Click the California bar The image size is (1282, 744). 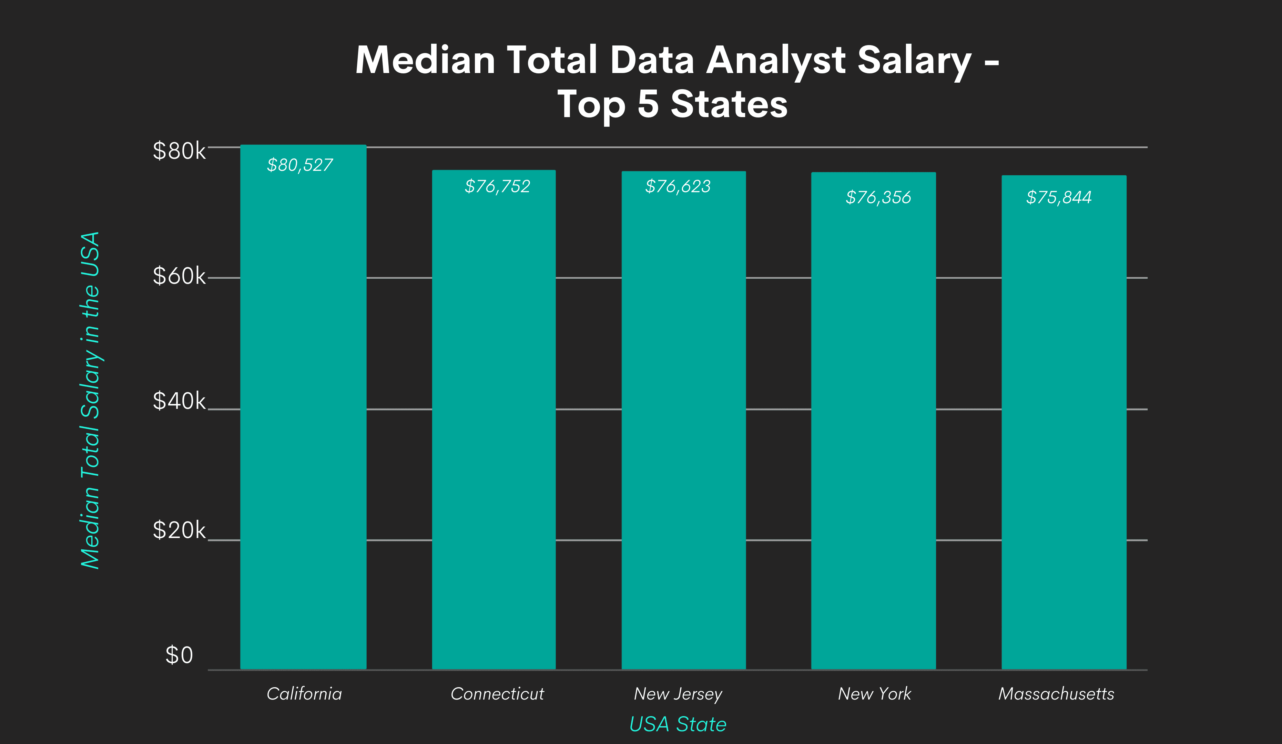[303, 407]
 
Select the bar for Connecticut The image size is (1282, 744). [494, 420]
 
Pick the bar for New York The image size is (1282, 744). [873, 421]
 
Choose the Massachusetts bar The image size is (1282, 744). [1064, 422]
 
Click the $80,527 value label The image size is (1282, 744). [299, 165]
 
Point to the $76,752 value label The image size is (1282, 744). [497, 186]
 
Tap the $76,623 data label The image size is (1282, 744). [678, 186]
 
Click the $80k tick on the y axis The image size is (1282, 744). [179, 151]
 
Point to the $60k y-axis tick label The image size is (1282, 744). [179, 276]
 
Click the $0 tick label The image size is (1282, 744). [179, 655]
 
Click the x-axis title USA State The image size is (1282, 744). [678, 724]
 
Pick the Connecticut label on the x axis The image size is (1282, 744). [497, 694]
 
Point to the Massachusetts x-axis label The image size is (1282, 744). [1056, 694]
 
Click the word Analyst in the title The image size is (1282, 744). [776, 60]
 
